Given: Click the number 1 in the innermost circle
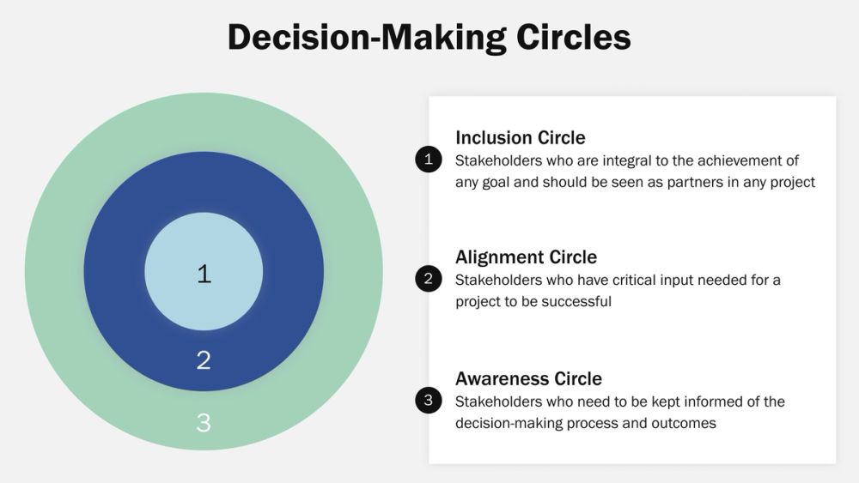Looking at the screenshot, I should coord(204,274).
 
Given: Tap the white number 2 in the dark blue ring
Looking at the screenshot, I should coord(204,359).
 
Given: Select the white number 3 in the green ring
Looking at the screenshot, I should coord(204,423).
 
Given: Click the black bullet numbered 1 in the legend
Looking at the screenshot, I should coord(427,160).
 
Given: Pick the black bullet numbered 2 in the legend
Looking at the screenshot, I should coord(427,279).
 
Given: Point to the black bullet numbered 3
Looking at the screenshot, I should coord(427,401).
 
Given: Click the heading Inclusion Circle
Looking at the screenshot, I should coord(520,137).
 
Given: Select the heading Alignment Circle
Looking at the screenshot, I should coord(526,257).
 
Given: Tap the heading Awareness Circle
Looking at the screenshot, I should coord(528,379).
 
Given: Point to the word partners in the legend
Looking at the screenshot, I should coord(695,182).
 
